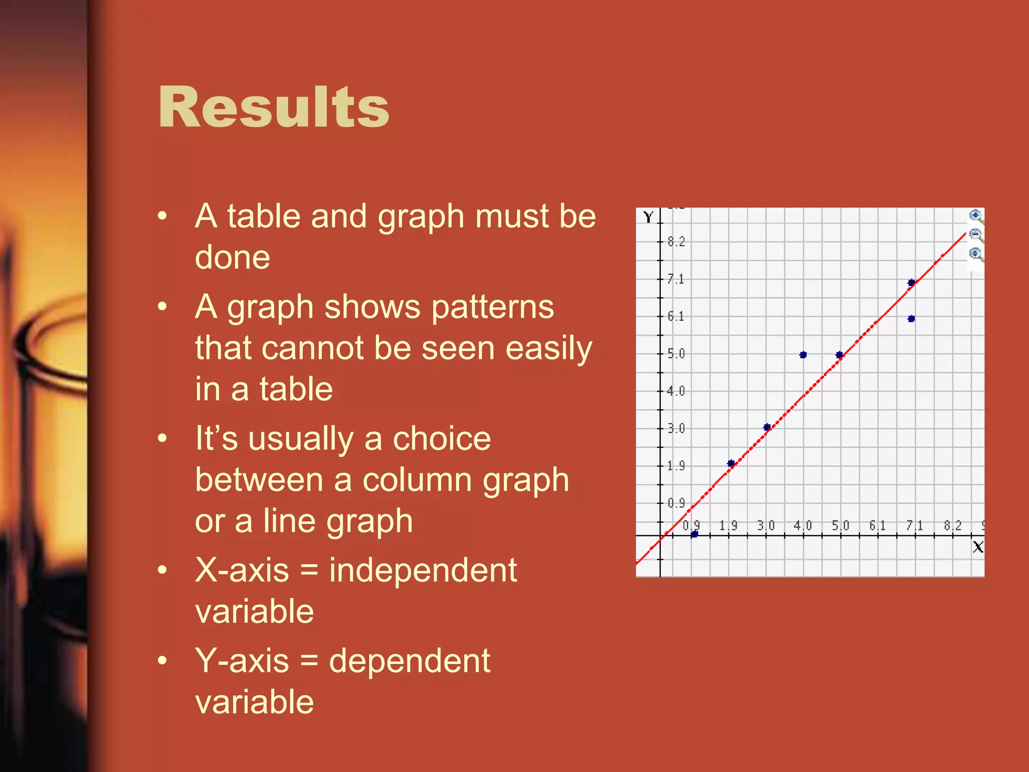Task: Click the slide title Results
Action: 274,107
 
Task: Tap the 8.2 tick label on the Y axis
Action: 676,242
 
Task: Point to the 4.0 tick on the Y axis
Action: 676,391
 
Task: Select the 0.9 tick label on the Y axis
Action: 676,503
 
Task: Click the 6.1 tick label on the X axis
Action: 877,526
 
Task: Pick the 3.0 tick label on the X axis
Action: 766,526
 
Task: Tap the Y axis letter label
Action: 648,217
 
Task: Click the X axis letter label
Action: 977,547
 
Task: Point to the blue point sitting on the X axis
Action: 694,534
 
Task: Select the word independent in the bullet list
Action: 423,570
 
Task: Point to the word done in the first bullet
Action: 233,257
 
